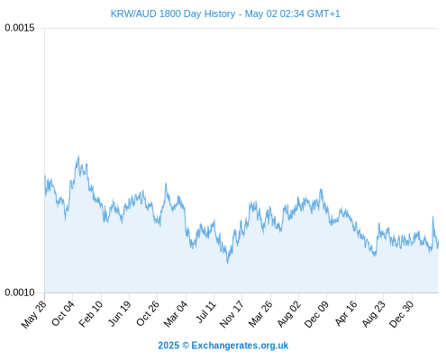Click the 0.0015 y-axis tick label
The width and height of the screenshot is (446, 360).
(x=20, y=28)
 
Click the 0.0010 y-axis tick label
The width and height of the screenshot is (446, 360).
(x=20, y=292)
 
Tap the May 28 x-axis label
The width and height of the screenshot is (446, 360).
(x=34, y=314)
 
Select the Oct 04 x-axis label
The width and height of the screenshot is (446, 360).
(x=63, y=313)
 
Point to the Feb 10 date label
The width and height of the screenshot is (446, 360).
(x=91, y=314)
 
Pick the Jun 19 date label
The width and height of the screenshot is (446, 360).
(x=120, y=313)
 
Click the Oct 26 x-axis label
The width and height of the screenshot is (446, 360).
(x=148, y=313)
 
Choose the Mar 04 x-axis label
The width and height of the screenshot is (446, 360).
(x=176, y=314)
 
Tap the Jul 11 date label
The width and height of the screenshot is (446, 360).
(x=206, y=311)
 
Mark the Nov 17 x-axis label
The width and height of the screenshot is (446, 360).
(x=232, y=314)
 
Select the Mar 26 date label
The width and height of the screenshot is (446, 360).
(x=260, y=314)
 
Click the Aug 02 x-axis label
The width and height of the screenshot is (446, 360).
(x=288, y=314)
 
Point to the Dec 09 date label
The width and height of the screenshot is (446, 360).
(x=316, y=314)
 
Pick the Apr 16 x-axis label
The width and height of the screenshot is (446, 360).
(x=346, y=313)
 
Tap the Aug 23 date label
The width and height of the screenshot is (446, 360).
(x=374, y=314)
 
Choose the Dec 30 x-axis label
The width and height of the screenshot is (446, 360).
(x=402, y=314)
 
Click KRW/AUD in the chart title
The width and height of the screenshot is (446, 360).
(x=133, y=13)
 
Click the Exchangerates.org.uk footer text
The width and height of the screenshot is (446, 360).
(x=240, y=346)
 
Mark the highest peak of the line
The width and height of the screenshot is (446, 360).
(x=78, y=156)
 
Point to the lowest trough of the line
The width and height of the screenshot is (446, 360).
(x=228, y=263)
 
